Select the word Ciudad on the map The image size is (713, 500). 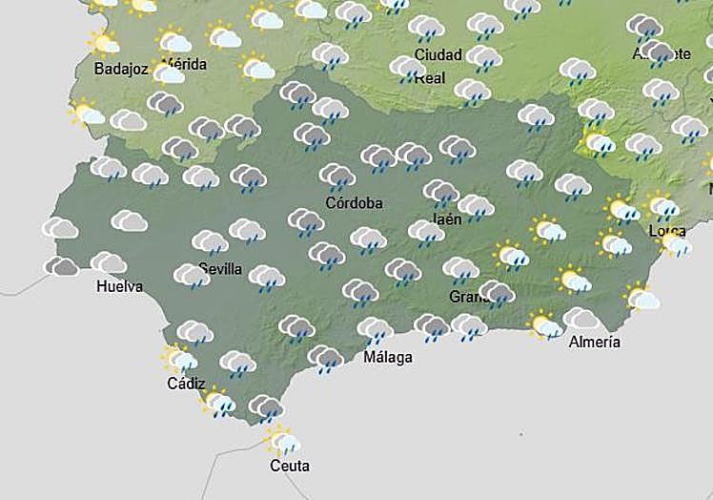click(438, 54)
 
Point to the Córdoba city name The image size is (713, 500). click(354, 203)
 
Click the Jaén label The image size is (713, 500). click(447, 219)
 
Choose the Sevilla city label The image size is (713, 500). click(220, 269)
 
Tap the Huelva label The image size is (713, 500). click(120, 286)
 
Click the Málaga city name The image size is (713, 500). click(388, 358)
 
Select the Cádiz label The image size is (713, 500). click(185, 384)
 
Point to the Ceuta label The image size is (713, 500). click(290, 467)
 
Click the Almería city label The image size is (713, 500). click(594, 342)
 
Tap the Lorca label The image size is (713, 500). click(666, 231)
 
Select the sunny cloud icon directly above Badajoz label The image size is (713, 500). click(103, 42)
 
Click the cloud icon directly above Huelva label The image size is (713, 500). click(108, 262)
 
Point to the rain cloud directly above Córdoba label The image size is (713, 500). click(336, 177)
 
